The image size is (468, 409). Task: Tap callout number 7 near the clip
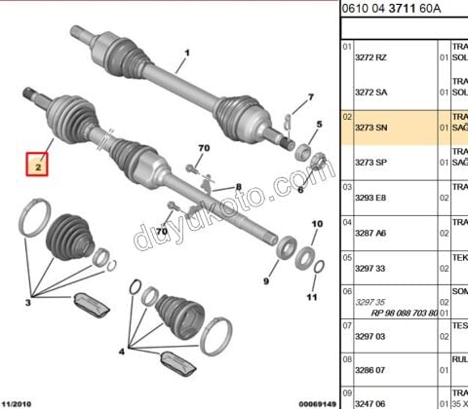[x=310, y=97]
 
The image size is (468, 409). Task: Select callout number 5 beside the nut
[x=318, y=125]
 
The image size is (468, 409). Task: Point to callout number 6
[x=300, y=191]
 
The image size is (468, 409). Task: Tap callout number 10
[x=315, y=225]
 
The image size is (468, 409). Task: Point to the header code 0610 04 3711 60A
[x=386, y=9]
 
